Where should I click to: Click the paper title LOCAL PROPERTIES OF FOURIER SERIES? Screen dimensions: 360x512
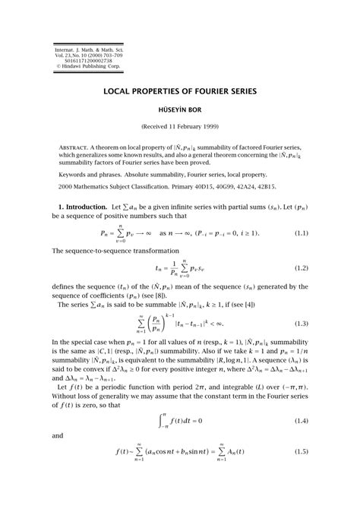180,91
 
